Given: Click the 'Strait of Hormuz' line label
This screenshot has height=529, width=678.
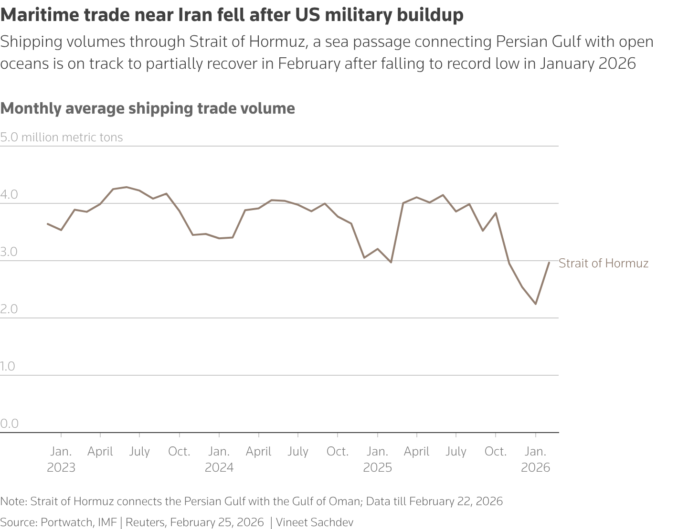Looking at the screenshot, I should click(x=603, y=263).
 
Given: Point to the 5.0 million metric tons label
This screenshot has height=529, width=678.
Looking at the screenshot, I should click(x=62, y=138).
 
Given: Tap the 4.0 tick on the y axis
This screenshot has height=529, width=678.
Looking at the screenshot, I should click(x=9, y=195).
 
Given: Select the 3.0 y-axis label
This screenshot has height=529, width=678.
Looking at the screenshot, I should click(x=9, y=252).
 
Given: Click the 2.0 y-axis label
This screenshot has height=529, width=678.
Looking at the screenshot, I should click(x=9, y=309).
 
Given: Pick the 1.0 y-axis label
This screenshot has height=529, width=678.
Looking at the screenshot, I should click(x=8, y=367).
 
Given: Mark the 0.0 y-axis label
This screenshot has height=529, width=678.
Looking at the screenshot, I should click(x=9, y=424).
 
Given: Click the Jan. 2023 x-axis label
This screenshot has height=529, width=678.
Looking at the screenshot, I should click(x=61, y=459).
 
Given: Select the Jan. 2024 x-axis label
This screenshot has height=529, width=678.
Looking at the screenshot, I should click(x=219, y=459).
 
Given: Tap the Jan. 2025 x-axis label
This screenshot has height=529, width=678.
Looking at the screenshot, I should click(x=377, y=459).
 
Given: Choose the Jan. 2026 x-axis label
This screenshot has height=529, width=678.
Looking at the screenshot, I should click(x=535, y=459).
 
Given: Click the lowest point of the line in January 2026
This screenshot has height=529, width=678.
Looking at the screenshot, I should click(x=536, y=304).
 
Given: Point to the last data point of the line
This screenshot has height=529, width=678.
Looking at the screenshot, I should click(x=549, y=263).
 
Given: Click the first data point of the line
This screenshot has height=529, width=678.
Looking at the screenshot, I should click(x=48, y=223).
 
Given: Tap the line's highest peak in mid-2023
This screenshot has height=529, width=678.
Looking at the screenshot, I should click(x=126, y=187).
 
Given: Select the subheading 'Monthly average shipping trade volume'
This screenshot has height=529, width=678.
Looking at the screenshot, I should click(x=148, y=108).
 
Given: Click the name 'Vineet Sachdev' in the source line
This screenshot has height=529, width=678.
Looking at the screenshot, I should click(x=315, y=522).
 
